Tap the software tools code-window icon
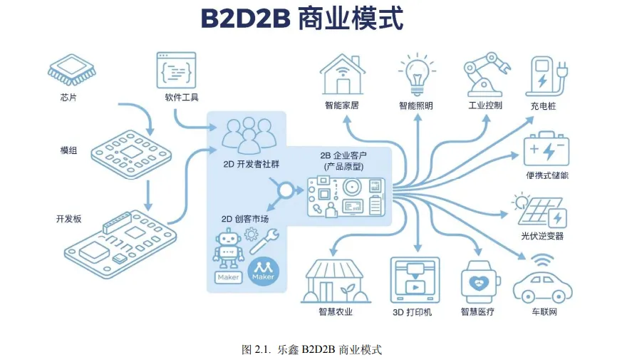click(x=176, y=70)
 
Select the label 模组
click(x=69, y=150)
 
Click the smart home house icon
click(x=342, y=73)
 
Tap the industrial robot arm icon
click(x=487, y=74)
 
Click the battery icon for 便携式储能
click(x=546, y=149)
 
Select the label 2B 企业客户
click(x=345, y=155)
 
